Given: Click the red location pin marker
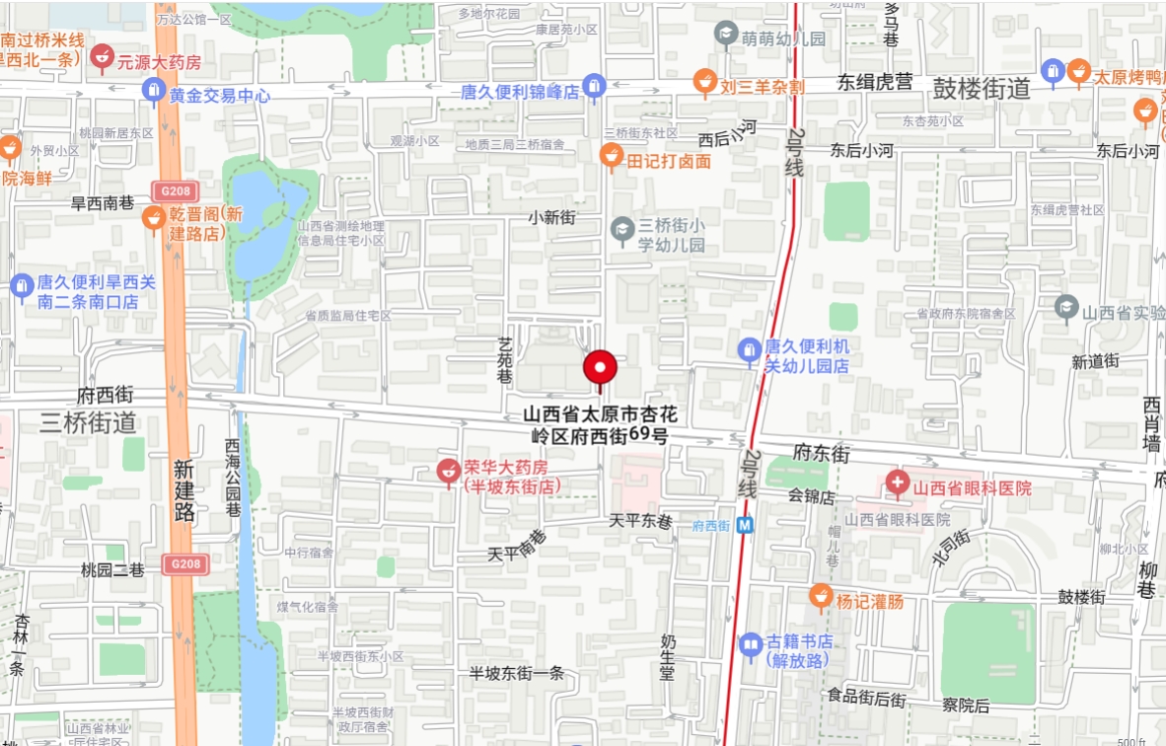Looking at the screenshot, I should pos(599,368).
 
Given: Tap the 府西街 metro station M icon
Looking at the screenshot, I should pos(745,525).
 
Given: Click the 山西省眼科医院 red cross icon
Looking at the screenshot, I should pos(897,483).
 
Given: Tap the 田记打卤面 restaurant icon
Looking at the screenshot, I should pos(612,156).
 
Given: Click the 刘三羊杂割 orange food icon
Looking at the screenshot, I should pos(704,82).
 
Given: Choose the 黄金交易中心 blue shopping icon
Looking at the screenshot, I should pos(153,91).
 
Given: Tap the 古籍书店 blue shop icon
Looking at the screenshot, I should pos(751,646).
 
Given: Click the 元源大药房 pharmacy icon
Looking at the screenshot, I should pos(101,57).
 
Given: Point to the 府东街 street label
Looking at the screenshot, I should pos(821,453).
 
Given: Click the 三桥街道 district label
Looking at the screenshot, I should pos(88,422).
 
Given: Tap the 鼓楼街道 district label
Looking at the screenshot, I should pos(981,90).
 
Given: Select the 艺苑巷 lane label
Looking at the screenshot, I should pos(505,361).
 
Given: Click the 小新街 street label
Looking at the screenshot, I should pos(551,217).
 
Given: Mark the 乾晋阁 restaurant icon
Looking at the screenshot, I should pos(153,218).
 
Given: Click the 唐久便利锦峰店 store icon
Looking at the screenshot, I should pos(594,87).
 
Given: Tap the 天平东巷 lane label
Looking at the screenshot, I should pos(640,520).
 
